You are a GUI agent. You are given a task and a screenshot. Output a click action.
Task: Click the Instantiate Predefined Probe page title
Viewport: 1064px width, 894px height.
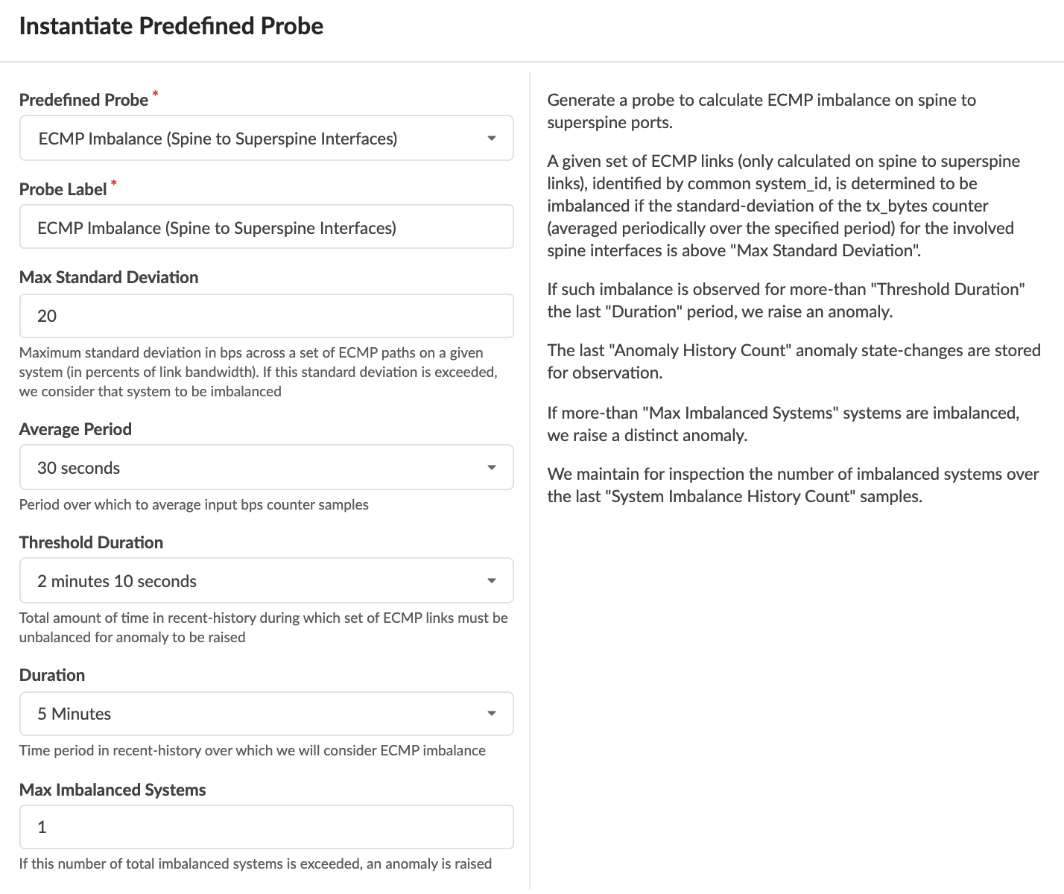[171, 26]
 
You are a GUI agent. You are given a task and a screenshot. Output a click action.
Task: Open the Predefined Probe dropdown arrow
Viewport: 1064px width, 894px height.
[491, 139]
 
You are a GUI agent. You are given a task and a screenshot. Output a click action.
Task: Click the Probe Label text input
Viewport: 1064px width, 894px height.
[266, 227]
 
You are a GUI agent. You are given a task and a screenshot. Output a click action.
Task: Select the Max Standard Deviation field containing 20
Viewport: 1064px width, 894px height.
[266, 316]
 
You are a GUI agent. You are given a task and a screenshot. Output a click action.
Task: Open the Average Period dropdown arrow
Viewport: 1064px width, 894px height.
[491, 468]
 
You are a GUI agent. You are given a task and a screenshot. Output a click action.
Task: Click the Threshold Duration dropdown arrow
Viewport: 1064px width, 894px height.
[491, 581]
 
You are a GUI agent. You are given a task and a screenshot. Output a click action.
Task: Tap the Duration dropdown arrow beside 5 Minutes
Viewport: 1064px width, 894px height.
[491, 714]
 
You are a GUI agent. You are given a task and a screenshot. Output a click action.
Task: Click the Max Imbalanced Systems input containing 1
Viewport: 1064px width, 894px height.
[266, 827]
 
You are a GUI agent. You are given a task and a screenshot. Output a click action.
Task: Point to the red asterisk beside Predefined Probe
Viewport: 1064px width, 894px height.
[156, 94]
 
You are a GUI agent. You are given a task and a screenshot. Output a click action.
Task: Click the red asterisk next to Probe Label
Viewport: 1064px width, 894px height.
[114, 183]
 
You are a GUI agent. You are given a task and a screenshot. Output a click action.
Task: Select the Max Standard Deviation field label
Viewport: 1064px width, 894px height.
[109, 277]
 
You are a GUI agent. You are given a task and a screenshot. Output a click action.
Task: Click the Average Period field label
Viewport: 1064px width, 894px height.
[75, 429]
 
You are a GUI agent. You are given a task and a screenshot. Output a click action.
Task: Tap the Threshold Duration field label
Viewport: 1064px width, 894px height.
[91, 542]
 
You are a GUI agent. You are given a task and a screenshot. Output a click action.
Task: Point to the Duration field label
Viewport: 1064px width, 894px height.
[52, 675]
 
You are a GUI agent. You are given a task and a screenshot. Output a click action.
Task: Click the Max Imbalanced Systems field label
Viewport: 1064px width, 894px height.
[113, 790]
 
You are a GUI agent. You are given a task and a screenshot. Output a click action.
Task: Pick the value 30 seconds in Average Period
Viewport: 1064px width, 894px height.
[79, 468]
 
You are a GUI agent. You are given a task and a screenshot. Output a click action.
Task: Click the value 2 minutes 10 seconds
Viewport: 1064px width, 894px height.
[117, 581]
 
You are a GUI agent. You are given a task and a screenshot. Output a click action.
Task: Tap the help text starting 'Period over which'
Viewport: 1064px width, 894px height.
[194, 504]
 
